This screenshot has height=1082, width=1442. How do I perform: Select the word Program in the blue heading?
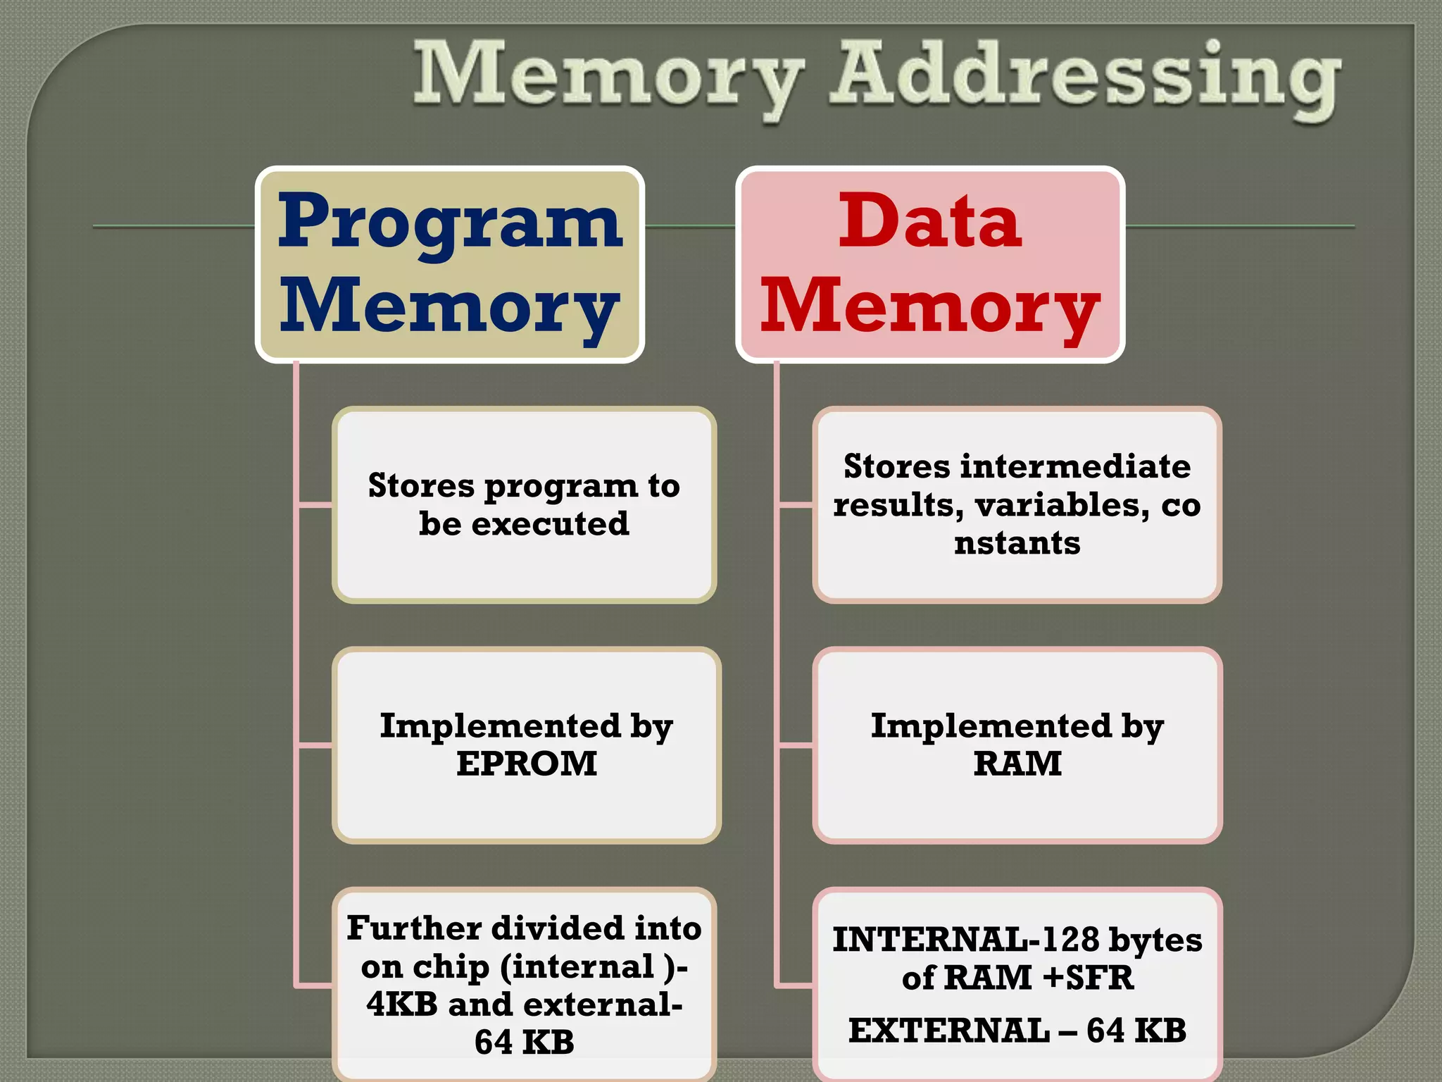(450, 223)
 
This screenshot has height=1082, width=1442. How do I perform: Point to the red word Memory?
(930, 307)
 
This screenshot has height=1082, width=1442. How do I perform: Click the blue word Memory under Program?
(450, 307)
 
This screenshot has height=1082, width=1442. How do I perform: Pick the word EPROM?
(526, 764)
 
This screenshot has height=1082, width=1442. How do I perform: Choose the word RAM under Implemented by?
(1017, 764)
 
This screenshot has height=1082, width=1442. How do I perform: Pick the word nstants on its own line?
(1017, 543)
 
